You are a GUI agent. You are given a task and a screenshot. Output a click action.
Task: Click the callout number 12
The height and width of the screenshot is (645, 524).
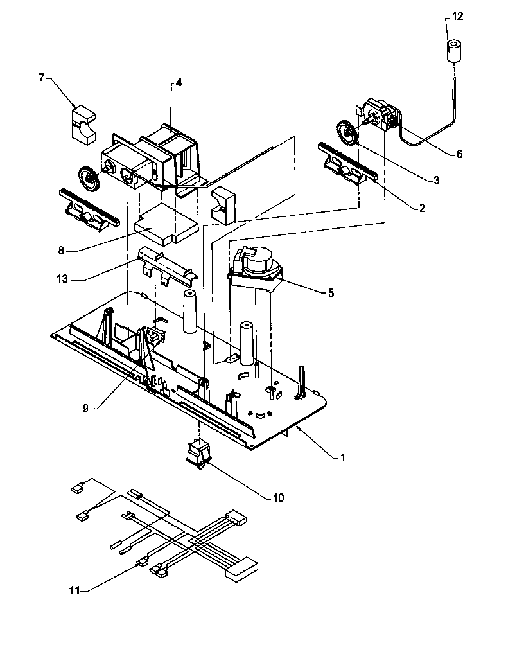[457, 17]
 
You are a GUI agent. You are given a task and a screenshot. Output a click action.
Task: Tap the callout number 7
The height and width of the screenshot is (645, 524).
[42, 78]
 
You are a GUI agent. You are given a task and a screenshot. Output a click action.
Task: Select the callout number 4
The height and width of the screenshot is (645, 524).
[179, 82]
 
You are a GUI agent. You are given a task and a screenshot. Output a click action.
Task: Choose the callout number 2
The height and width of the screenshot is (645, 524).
[422, 208]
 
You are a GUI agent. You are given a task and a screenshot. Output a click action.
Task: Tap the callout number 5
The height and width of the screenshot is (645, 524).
[331, 292]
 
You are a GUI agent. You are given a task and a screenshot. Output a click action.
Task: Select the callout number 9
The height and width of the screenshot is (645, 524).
[85, 407]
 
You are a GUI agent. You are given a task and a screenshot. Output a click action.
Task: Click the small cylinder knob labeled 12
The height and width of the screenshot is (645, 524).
[455, 51]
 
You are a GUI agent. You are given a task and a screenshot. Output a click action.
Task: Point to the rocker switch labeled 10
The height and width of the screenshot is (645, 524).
[197, 452]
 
